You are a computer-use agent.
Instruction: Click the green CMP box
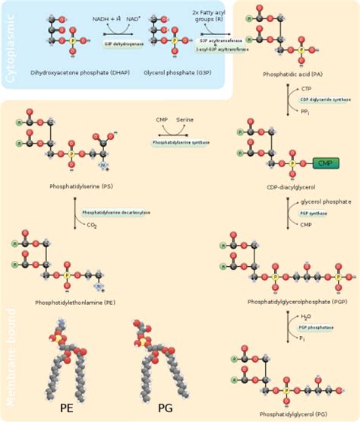(x=324, y=163)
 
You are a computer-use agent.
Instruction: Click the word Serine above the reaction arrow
(x=185, y=120)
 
